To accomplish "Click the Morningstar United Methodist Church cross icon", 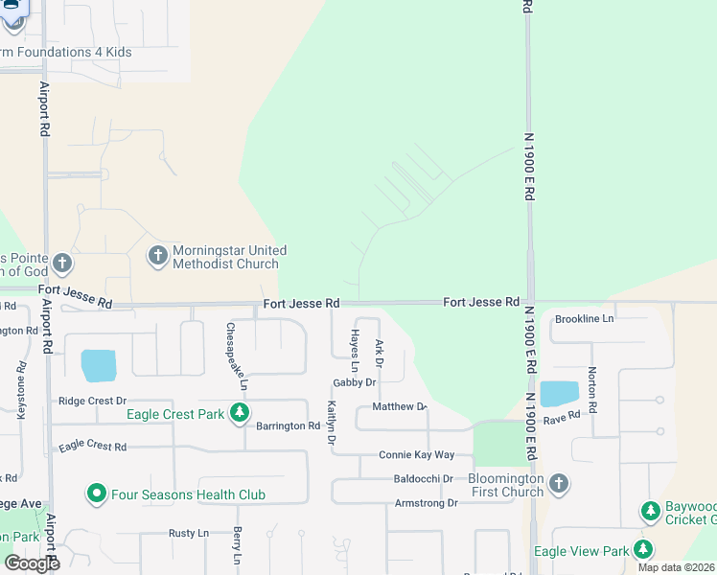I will (x=157, y=256).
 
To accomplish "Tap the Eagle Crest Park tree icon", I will (x=240, y=415).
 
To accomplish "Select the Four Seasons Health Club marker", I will (x=96, y=494).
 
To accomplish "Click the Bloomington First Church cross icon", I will (x=559, y=484).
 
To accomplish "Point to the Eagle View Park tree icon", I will (x=642, y=550).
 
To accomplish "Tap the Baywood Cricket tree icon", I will (x=651, y=512).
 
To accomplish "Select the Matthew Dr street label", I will (x=399, y=407).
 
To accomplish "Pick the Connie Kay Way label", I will (x=416, y=455).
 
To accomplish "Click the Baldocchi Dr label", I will (x=423, y=479).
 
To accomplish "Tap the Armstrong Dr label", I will (x=427, y=503).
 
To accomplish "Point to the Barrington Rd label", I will (x=287, y=426).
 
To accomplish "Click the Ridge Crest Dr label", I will (x=93, y=402).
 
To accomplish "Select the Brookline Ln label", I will (x=584, y=318).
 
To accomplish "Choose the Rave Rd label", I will (x=562, y=416).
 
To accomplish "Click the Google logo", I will (x=32, y=563).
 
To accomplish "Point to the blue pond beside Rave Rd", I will (x=560, y=394).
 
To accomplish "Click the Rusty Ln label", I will (x=188, y=533).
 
